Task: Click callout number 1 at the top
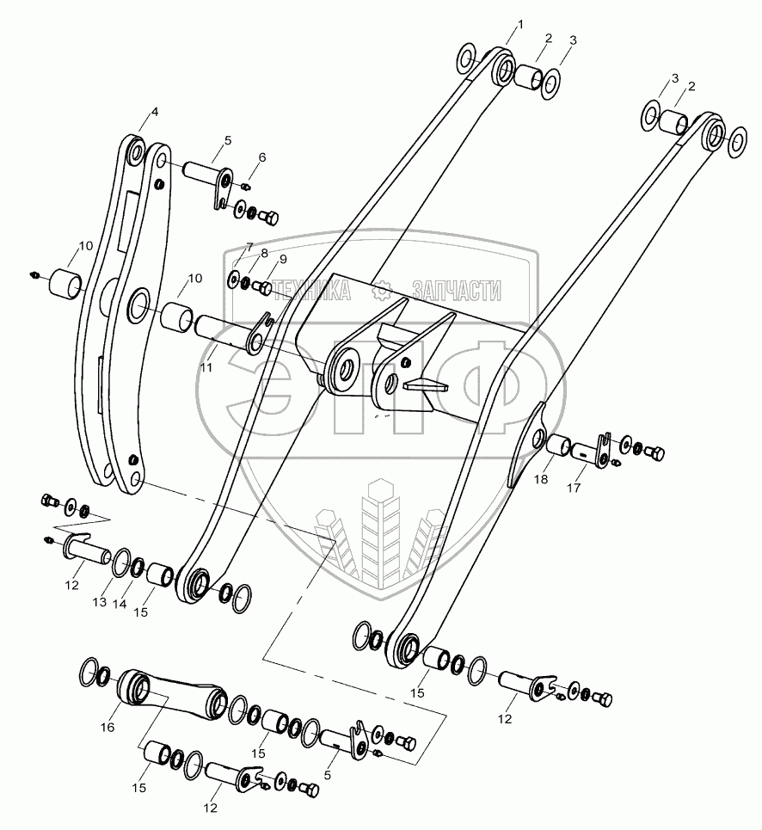point(520,24)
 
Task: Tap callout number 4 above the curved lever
point(155,112)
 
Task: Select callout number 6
point(262,157)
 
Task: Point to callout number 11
point(206,366)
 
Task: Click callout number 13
point(100,602)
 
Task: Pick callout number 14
point(120,604)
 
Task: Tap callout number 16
point(108,728)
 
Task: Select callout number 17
point(574,488)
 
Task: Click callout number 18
point(541,479)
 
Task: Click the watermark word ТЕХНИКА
point(313,290)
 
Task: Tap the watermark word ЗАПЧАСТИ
point(456,290)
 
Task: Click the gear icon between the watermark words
point(381,290)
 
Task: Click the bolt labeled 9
point(263,287)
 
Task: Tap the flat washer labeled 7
point(233,278)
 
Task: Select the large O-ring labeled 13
point(122,563)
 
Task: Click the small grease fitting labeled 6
point(245,187)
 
